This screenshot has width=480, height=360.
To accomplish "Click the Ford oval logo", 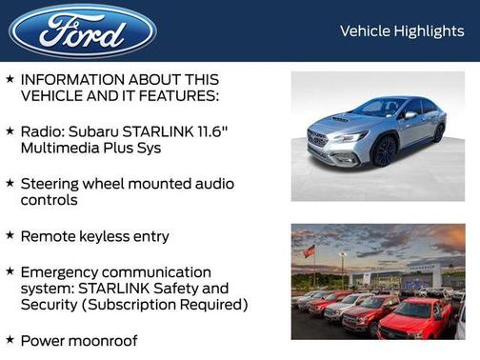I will click(x=83, y=30).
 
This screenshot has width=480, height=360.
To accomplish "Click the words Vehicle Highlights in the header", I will click(x=402, y=31).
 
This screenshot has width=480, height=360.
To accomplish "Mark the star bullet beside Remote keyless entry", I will click(x=10, y=235).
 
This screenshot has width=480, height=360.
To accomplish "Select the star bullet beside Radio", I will click(x=10, y=130).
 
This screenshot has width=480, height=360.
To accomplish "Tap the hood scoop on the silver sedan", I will click(x=340, y=120).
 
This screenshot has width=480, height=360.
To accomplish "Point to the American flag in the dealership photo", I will click(x=309, y=251).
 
